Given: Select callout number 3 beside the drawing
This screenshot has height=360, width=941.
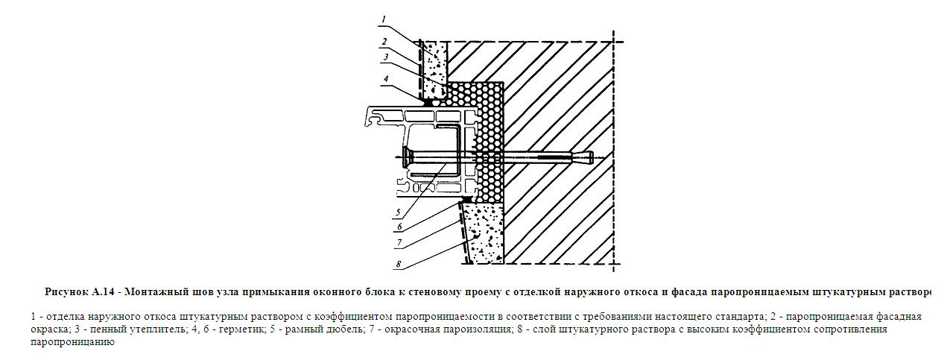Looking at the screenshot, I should pyautogui.click(x=385, y=57).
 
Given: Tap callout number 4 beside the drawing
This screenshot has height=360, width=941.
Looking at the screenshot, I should pyautogui.click(x=385, y=78).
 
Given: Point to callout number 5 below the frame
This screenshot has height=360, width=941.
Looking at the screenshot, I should pyautogui.click(x=399, y=212).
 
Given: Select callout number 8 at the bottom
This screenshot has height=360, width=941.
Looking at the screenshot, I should pyautogui.click(x=399, y=264).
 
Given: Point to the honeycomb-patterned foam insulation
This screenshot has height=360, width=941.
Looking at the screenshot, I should pyautogui.click(x=490, y=142).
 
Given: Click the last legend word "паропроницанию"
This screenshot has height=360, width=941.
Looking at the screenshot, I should pyautogui.click(x=72, y=342).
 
